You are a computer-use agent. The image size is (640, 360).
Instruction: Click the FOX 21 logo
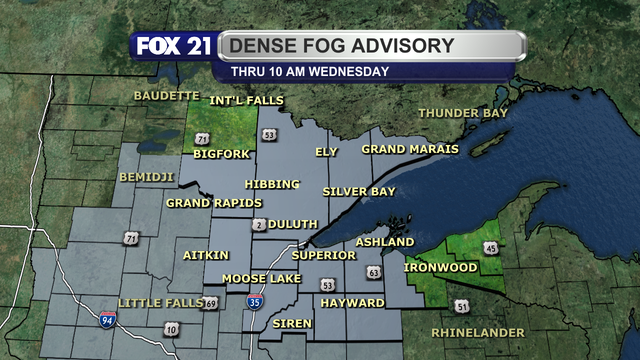point(172,46)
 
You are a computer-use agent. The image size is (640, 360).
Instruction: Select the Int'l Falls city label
point(246,101)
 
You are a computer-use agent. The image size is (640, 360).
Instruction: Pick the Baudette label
point(166,96)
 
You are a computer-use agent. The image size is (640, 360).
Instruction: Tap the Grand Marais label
point(410,149)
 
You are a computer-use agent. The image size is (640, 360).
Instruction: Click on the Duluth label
point(293,224)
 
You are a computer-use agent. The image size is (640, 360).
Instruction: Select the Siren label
point(292,324)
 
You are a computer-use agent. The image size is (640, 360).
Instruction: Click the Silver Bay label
point(357,190)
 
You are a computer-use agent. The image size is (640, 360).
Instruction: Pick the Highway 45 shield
point(490,247)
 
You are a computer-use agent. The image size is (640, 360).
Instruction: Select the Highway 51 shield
point(461,306)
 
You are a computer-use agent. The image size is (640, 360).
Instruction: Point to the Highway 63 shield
point(373,272)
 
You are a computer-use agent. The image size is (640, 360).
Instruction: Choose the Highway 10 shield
point(172,329)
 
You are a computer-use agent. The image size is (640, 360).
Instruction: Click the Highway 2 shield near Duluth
point(258,224)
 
